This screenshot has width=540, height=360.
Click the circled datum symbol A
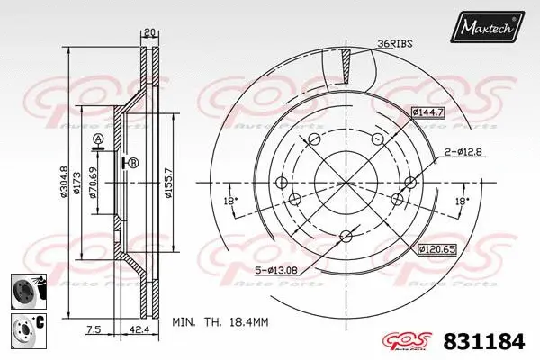tap(97, 138)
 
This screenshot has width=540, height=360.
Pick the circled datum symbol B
tap(133, 163)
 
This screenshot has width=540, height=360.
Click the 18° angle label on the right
tap(461, 201)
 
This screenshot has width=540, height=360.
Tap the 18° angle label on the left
tap(230, 201)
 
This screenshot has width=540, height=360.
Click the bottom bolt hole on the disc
tap(346, 238)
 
